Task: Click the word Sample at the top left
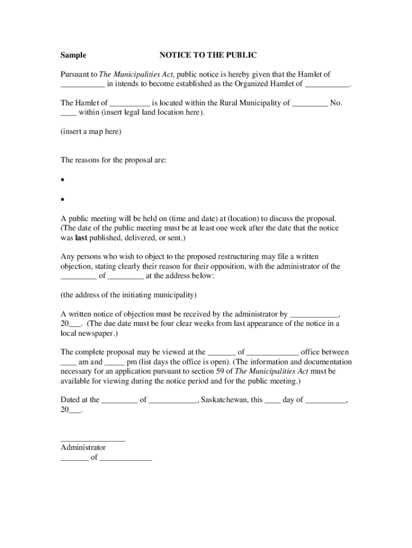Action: coord(73,55)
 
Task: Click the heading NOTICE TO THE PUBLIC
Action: coord(208,55)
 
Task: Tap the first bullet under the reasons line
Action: coord(63,180)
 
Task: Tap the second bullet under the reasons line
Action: coord(63,200)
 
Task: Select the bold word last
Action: coord(81,238)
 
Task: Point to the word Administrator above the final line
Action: coord(83,447)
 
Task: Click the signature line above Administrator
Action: coord(93,440)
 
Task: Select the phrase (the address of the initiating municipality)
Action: coord(128,295)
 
